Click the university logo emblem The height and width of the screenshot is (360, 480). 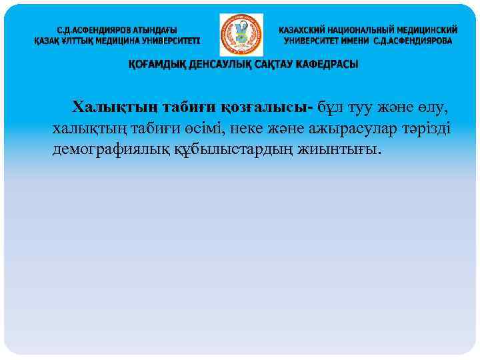coord(241,35)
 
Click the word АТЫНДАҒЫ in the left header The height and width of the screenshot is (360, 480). coord(151,31)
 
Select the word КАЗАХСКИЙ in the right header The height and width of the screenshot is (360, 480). coord(306,31)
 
